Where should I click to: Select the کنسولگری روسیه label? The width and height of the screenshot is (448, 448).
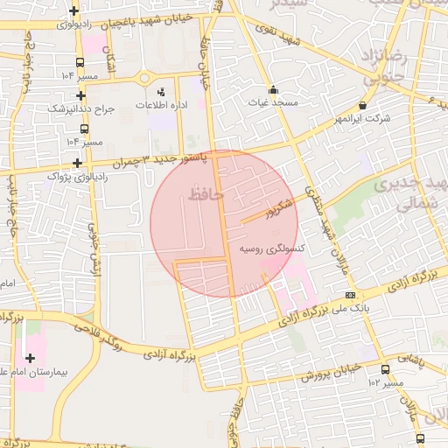pos(272,249)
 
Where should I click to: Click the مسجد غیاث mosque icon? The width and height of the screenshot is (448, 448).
pos(273,89)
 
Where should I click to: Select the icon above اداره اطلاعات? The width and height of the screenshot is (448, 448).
pos(160,91)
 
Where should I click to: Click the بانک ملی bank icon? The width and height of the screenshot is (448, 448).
pos(351,295)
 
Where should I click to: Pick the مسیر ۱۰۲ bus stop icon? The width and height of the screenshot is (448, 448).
pos(386,369)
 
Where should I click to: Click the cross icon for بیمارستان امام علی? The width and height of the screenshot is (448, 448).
pos(31,358)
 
